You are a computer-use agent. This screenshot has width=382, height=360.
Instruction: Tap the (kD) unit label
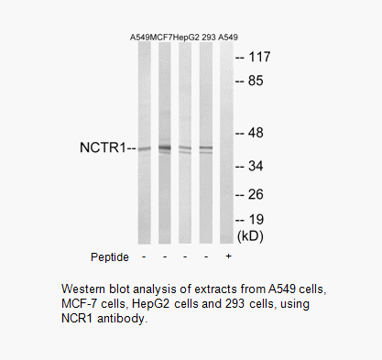250,235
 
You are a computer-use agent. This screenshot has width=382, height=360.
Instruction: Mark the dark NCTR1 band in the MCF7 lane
165,147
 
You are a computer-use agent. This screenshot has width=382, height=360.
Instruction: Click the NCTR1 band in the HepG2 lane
185,148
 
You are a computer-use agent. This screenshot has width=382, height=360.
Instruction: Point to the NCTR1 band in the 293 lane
206,148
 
